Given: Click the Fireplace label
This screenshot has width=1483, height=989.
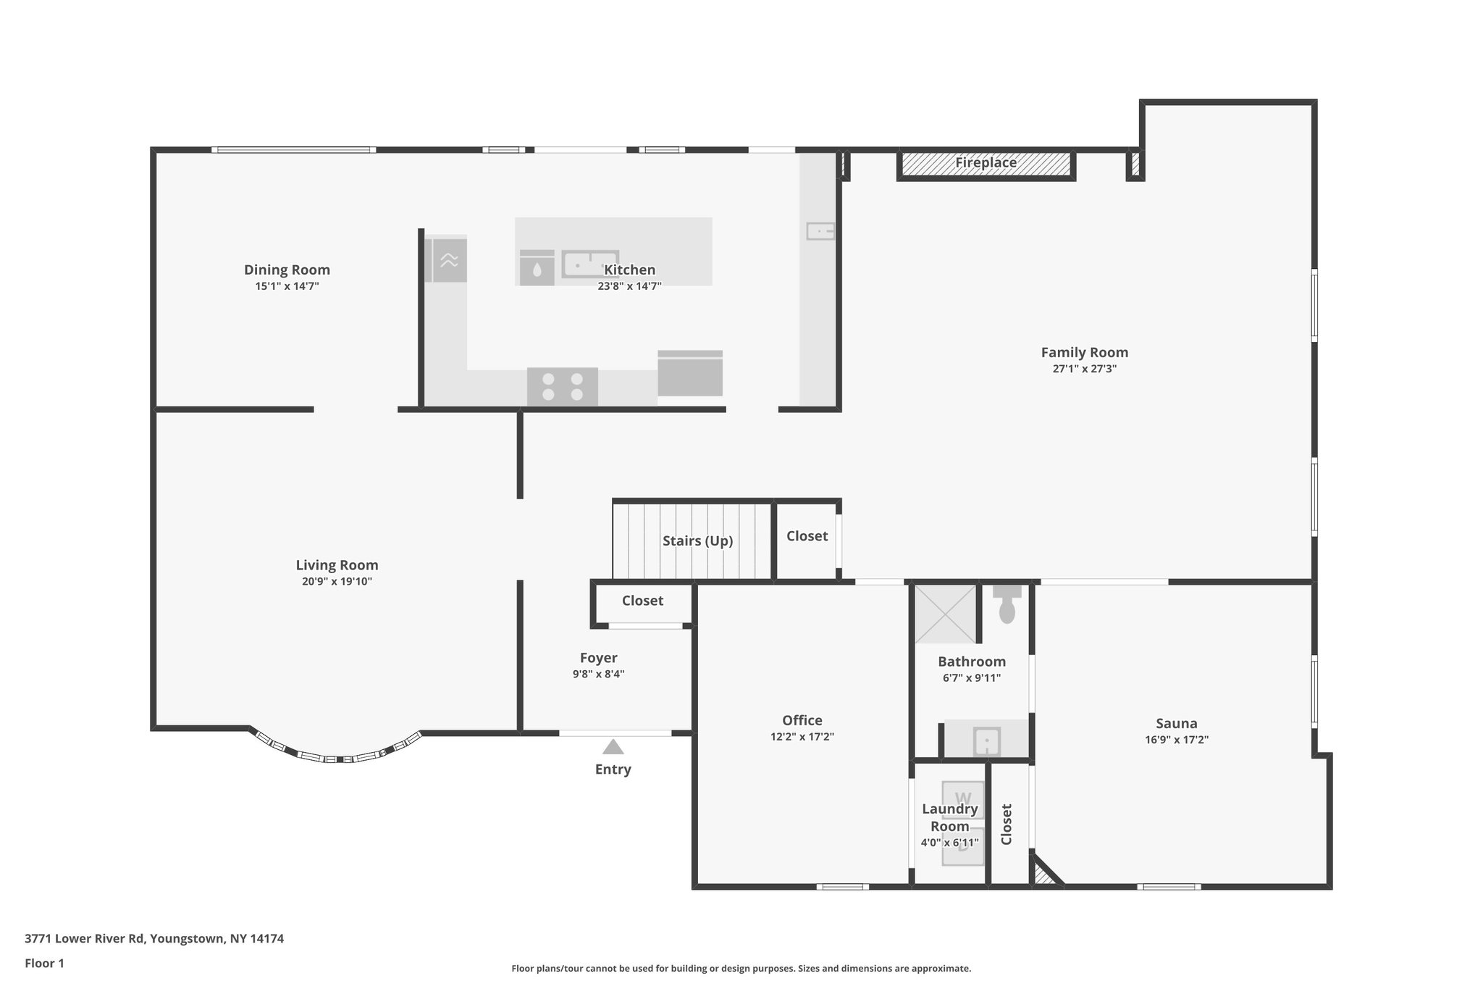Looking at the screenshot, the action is tap(986, 163).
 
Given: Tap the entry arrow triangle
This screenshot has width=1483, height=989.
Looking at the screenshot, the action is tap(613, 747).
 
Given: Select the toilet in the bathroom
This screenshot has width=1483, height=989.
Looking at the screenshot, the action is tap(1007, 604).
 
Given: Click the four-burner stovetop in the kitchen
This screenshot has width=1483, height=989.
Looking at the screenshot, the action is tap(563, 386).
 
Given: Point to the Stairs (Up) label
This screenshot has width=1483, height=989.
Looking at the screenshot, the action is tap(698, 541).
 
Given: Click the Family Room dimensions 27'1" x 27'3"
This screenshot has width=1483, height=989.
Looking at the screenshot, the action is tap(1085, 369).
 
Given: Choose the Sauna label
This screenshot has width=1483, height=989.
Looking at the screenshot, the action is tap(1177, 723).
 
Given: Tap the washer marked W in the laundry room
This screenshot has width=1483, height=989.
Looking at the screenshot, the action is tap(963, 799).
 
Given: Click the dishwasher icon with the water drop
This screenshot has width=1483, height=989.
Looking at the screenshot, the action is tap(537, 268).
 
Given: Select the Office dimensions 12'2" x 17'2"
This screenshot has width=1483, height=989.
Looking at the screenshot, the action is tap(802, 737).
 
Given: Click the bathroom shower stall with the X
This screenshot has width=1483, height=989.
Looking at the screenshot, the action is tap(946, 614).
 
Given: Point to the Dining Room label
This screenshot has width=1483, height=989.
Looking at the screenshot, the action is tap(287, 270).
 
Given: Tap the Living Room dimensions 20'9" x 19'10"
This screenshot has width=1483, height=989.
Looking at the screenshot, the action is tap(337, 581).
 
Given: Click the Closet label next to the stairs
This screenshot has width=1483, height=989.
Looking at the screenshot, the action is tap(807, 536).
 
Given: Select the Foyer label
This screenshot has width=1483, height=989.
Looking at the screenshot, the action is tap(599, 658).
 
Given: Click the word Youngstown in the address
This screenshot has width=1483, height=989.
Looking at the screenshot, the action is tap(188, 939).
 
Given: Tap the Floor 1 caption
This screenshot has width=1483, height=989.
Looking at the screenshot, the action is tap(45, 964).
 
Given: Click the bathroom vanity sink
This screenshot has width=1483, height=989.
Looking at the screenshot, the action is tap(986, 740).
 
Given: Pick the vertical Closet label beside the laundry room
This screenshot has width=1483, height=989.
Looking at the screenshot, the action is tap(1007, 824).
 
